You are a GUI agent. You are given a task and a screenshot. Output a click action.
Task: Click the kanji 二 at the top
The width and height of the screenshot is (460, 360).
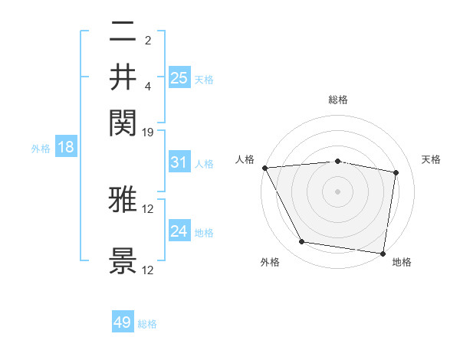(123, 34)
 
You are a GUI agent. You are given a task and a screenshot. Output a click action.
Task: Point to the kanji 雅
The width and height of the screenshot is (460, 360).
(123, 201)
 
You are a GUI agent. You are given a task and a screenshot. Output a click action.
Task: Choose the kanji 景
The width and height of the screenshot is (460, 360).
(123, 261)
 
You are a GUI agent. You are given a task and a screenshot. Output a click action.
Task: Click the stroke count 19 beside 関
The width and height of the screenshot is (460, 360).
(148, 133)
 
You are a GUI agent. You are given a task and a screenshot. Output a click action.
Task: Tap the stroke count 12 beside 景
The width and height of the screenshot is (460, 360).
(148, 270)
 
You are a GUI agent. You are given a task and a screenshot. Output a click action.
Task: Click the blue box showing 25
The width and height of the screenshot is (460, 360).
(179, 78)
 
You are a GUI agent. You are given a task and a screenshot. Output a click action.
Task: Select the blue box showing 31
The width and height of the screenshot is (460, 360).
(179, 162)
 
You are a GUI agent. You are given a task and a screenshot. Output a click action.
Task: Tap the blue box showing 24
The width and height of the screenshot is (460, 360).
(179, 231)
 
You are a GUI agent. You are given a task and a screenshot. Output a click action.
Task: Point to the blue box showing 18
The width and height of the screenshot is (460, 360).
(65, 148)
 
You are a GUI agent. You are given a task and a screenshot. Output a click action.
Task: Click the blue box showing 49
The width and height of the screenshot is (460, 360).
(123, 322)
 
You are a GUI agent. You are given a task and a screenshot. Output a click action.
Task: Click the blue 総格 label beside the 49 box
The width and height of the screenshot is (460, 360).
(147, 324)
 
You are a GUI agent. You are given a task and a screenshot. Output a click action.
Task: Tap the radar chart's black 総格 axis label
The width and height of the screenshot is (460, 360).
(338, 100)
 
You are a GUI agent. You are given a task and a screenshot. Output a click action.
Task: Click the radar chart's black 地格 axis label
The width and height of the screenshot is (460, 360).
(402, 262)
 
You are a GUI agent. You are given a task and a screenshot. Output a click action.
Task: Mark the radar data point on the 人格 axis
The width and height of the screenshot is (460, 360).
(264, 168)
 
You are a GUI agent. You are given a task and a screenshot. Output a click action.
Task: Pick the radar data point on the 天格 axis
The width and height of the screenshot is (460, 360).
(396, 172)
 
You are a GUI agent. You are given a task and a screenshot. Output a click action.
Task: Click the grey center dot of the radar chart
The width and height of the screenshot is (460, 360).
(338, 191)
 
